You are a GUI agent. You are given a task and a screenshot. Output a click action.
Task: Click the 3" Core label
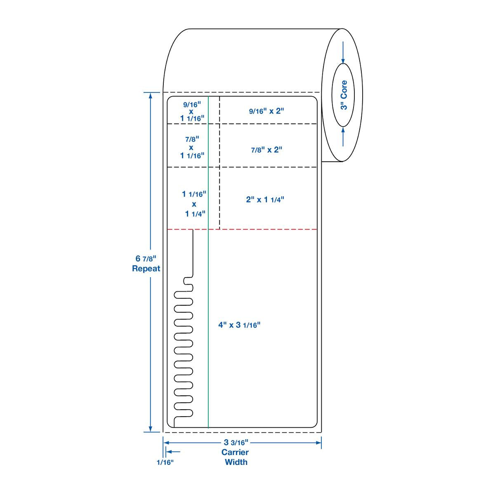point(344,95)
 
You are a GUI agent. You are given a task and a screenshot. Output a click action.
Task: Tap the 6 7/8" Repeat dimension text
point(146,264)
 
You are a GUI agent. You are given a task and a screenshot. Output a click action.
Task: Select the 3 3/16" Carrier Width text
point(235,452)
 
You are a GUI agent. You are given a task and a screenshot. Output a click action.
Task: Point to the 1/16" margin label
point(165,462)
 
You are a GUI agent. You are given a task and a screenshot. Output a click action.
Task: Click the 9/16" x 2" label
point(267,111)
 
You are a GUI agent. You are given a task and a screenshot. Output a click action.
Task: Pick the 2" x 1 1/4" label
point(265,200)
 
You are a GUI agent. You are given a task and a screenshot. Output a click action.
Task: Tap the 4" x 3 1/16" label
point(240,325)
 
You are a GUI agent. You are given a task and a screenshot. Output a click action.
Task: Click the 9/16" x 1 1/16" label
point(192,111)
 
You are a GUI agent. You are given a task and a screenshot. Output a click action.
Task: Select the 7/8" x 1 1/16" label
point(192,147)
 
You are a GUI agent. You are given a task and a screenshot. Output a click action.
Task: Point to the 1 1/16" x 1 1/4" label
point(194,204)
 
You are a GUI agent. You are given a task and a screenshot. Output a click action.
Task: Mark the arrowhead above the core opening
point(343,61)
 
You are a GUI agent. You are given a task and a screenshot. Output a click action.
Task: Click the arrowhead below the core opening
point(343,130)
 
